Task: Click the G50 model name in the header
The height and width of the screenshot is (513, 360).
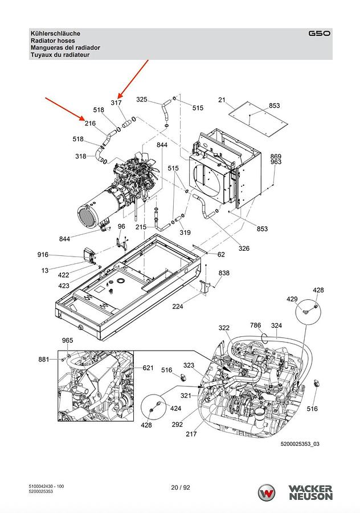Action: [319, 34]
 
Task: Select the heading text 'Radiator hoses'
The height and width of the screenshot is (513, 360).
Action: [52, 40]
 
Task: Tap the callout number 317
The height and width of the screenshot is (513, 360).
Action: [116, 103]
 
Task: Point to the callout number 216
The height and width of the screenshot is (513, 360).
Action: [90, 123]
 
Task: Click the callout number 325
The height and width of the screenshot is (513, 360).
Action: [142, 99]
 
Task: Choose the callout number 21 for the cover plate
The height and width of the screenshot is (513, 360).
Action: [222, 99]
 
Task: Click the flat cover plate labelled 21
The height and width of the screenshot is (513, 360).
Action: [257, 119]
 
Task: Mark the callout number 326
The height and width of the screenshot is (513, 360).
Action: [244, 249]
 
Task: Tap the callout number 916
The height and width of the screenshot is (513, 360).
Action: [43, 255]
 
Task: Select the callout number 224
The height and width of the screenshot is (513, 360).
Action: [178, 306]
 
